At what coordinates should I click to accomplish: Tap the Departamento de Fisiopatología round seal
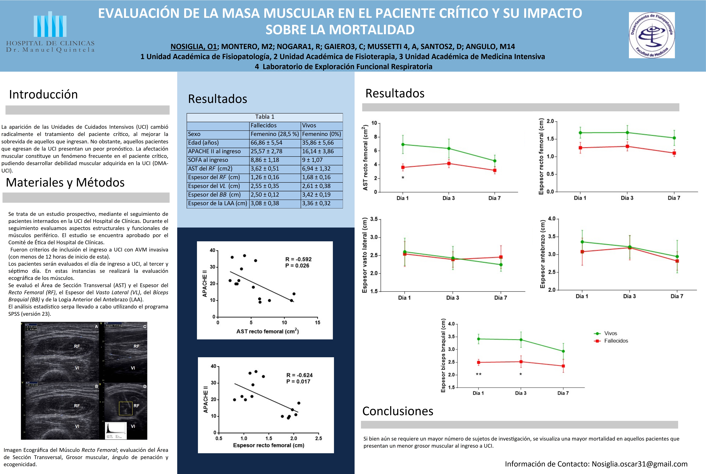pos(652,35)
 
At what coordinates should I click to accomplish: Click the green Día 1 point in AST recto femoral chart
pos(403,144)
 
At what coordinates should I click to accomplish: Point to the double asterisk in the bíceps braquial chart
pos(478,374)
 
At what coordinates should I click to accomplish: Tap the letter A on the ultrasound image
pos(96,326)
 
